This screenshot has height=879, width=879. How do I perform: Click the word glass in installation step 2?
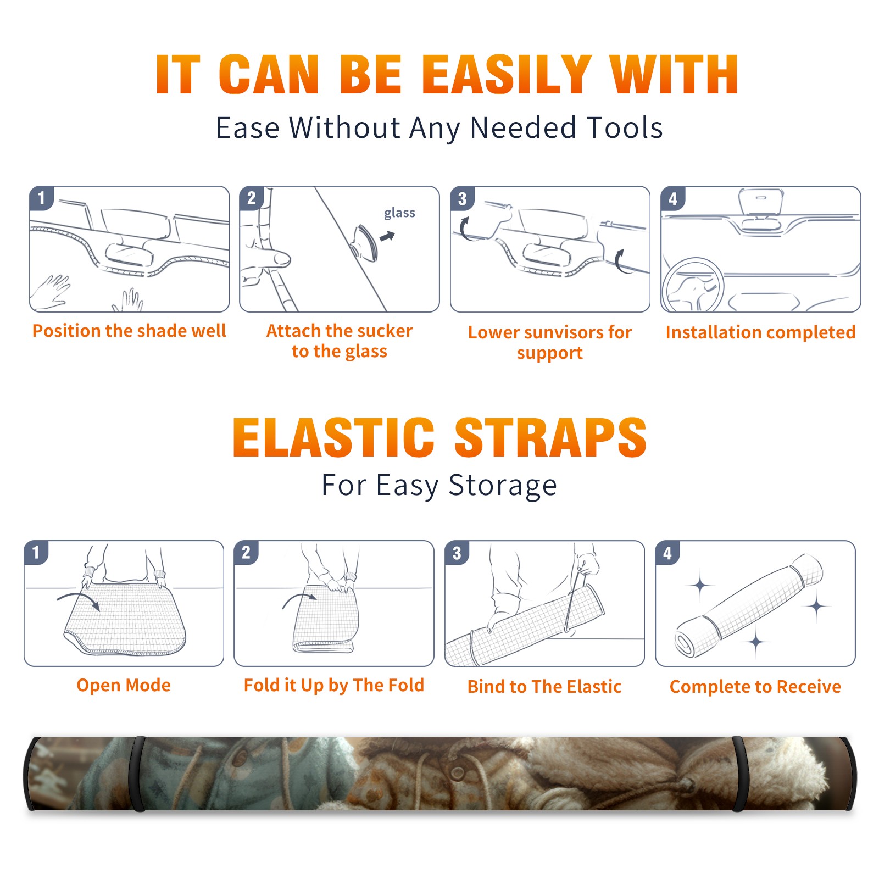pos(399,213)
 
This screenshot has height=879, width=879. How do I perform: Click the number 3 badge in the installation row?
pos(461,198)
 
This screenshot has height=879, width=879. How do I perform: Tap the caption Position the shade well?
pos(129,331)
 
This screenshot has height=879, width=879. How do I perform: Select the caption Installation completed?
pos(760,332)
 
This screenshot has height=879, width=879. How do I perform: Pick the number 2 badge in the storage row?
pos(246,552)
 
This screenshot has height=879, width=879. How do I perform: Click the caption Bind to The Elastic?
pos(544,687)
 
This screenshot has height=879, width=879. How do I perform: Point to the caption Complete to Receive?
pos(755,687)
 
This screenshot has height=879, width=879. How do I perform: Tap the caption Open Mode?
pos(124,686)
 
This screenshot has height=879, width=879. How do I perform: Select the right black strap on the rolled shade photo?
pos(739,774)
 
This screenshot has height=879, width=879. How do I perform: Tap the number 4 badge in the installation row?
pos(672,198)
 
